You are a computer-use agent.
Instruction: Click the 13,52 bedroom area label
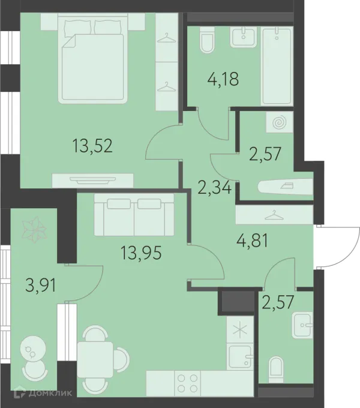tap(92, 146)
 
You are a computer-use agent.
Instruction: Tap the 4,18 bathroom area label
tap(223, 79)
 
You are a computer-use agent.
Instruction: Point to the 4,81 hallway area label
tap(252, 241)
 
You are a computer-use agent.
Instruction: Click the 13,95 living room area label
tap(141, 253)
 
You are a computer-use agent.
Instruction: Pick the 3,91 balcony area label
tap(41, 285)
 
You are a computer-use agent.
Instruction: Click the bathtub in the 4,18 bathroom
tap(277, 66)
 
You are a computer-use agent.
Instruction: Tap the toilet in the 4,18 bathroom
tap(208, 40)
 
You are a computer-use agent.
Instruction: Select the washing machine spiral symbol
tap(280, 122)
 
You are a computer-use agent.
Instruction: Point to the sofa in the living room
tap(134, 215)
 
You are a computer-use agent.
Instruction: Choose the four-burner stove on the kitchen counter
tap(187, 383)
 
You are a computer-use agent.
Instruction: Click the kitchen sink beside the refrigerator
tap(240, 356)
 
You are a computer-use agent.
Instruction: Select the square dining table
tap(95, 359)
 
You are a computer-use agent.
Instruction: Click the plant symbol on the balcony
tap(34, 228)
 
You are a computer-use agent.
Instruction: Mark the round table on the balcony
tap(33, 349)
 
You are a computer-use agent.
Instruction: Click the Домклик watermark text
tap(50, 392)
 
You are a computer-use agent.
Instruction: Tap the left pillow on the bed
tap(78, 28)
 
